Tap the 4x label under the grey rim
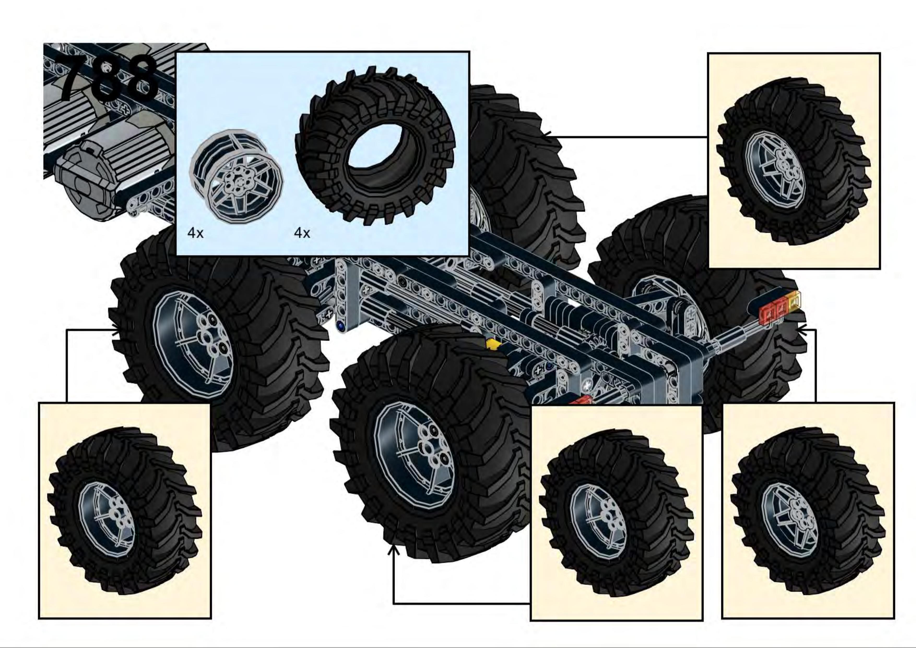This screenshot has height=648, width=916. (x=196, y=233)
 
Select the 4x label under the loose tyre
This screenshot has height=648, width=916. (x=302, y=233)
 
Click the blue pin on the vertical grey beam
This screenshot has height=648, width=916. (x=341, y=326)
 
